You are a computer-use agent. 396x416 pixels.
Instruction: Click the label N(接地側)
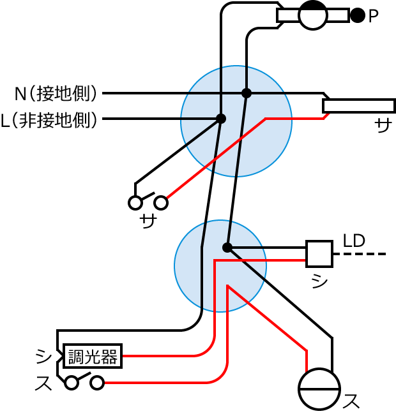pyautogui.click(x=56, y=94)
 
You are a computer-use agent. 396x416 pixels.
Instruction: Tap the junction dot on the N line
pyautogui.click(x=247, y=93)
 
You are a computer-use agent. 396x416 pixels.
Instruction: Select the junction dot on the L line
pyautogui.click(x=221, y=119)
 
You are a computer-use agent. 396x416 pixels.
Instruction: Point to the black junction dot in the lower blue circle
pyautogui.click(x=227, y=247)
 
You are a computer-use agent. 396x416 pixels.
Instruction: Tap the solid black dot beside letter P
pyautogui.click(x=358, y=15)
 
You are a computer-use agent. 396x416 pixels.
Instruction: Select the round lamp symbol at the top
pyautogui.click(x=313, y=15)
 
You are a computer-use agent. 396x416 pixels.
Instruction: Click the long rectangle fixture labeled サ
pyautogui.click(x=358, y=105)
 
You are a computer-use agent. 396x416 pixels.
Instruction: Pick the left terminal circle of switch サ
pyautogui.click(x=135, y=203)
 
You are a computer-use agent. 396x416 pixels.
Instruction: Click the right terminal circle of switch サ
pyautogui.click(x=161, y=203)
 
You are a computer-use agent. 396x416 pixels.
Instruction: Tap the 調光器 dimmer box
pyautogui.click(x=92, y=356)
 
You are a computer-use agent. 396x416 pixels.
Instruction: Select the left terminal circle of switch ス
pyautogui.click(x=72, y=383)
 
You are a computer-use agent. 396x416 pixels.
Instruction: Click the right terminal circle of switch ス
pyautogui.click(x=97, y=383)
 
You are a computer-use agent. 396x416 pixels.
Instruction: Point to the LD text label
pyautogui.click(x=354, y=241)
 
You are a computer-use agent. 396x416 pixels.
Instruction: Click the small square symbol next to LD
pyautogui.click(x=319, y=253)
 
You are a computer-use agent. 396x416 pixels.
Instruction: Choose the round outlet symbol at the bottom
pyautogui.click(x=319, y=389)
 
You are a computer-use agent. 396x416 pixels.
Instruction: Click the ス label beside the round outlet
pyautogui.click(x=351, y=401)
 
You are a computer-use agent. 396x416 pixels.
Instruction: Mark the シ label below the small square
pyautogui.click(x=319, y=280)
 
